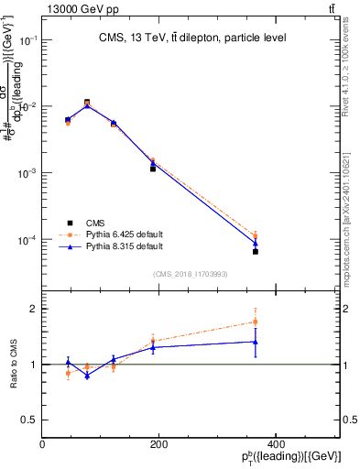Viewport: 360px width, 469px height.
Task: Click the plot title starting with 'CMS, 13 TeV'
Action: click(x=192, y=38)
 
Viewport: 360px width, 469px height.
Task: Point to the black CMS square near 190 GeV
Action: click(x=153, y=169)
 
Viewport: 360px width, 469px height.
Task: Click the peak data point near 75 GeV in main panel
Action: click(x=87, y=103)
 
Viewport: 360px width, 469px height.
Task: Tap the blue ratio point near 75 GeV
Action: click(x=87, y=376)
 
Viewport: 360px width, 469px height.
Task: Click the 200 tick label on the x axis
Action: click(x=159, y=443)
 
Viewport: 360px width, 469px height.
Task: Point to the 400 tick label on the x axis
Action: click(x=276, y=443)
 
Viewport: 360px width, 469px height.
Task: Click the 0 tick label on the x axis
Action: click(x=43, y=443)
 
